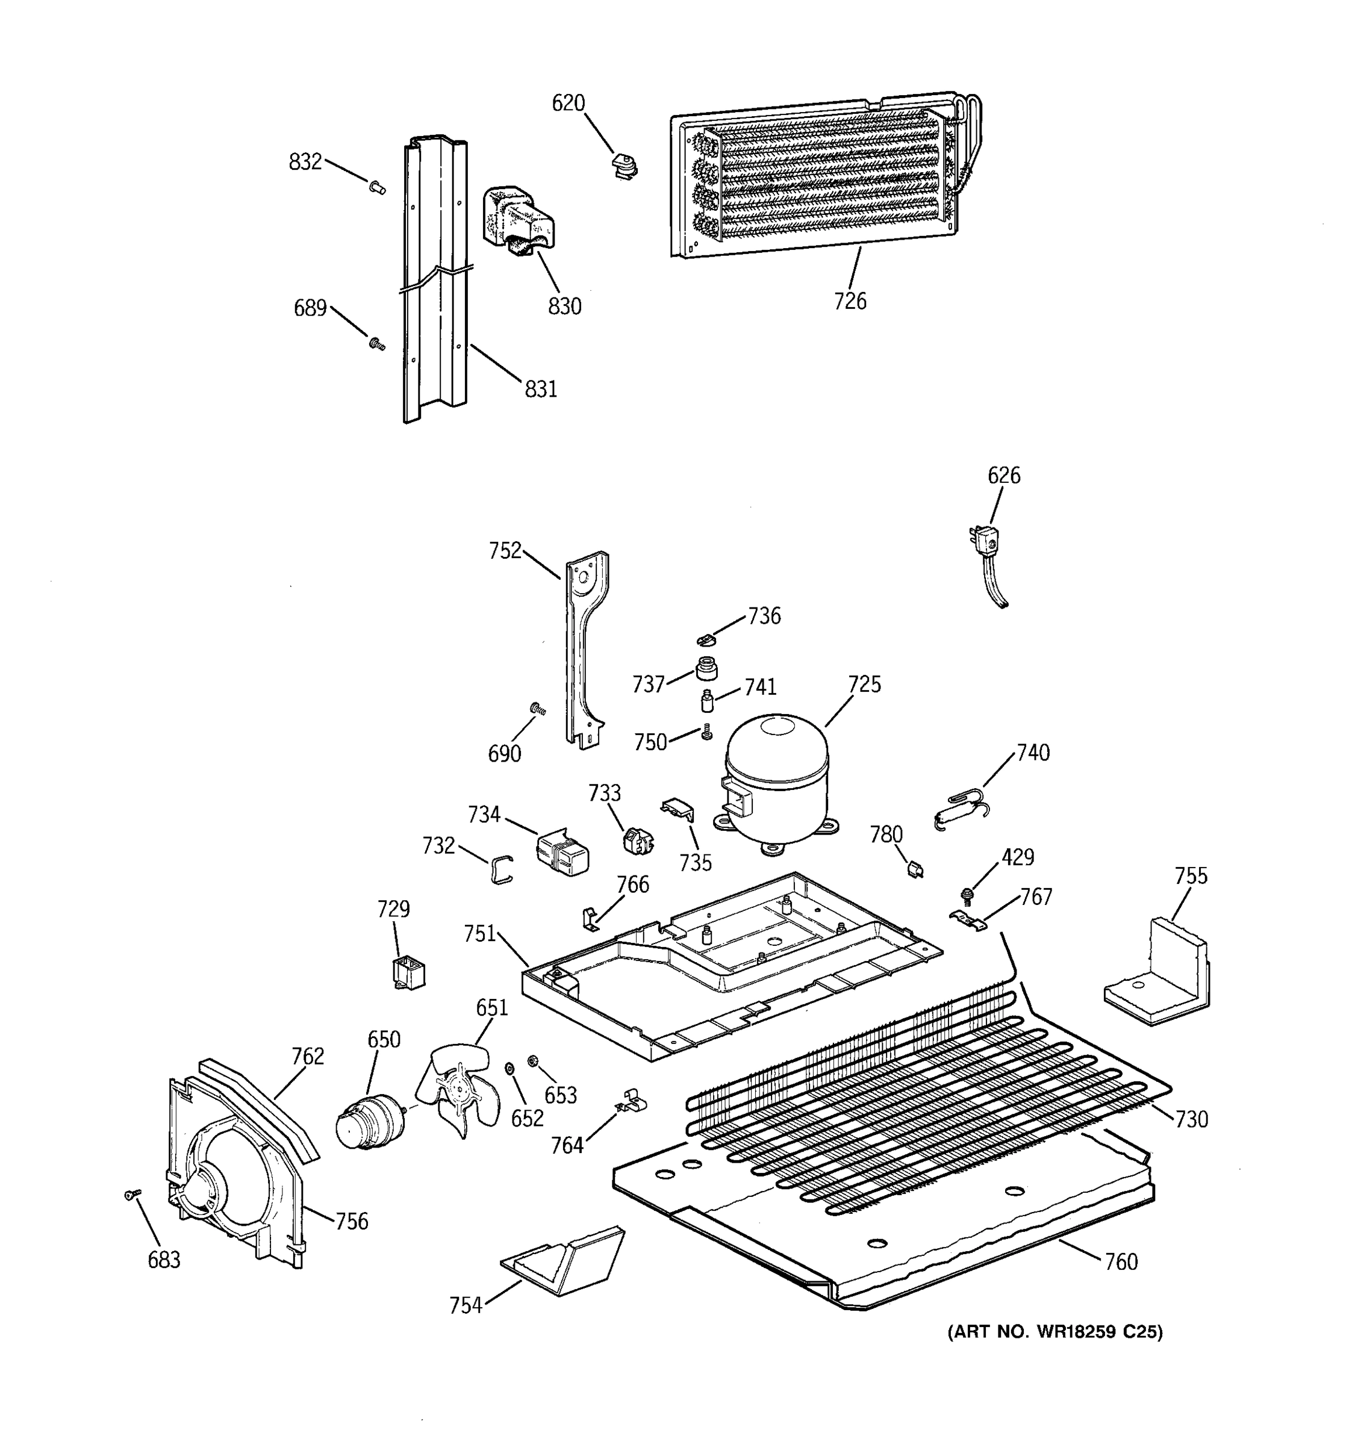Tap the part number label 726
point(850,301)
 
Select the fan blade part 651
point(457,1092)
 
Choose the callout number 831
point(541,390)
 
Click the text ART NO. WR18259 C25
point(1054,1332)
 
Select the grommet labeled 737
point(706,668)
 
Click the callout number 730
point(1191,1119)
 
